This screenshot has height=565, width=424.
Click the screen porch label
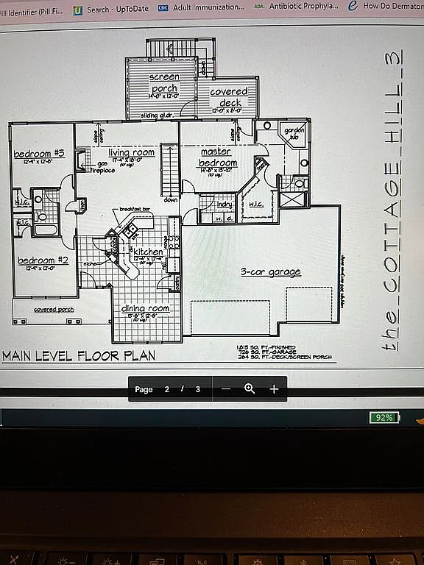[163, 83]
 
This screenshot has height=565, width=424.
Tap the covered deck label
[229, 97]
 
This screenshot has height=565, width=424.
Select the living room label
[132, 152]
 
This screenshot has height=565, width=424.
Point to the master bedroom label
[217, 157]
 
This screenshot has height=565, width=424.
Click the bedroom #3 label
[40, 154]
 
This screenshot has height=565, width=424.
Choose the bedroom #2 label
[43, 260]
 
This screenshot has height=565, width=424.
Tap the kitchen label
[148, 252]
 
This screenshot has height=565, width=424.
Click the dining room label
[145, 309]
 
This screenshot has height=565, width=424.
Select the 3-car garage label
[271, 272]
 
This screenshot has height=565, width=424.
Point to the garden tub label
[294, 133]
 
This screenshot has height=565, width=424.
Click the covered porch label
[54, 310]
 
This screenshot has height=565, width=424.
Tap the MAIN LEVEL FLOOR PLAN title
[79, 356]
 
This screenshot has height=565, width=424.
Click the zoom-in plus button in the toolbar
[274, 389]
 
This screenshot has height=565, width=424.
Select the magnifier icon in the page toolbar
[250, 389]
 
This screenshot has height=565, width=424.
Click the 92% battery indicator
[384, 417]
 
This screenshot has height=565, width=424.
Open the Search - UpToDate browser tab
[110, 8]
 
